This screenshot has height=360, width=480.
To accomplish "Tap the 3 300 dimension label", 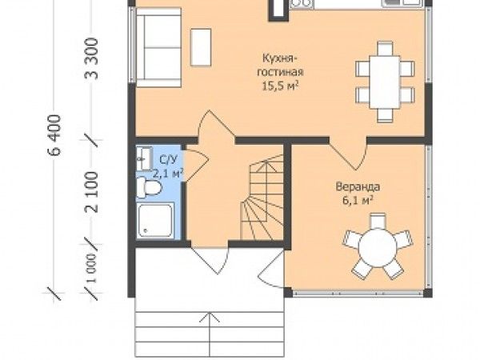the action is tap(91, 58).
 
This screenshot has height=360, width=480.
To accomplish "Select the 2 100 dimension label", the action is tap(91, 192).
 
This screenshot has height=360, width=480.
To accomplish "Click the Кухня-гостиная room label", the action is tap(280, 65).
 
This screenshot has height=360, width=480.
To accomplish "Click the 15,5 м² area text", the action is tap(280, 86).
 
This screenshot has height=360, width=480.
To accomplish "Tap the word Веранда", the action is tap(358, 186).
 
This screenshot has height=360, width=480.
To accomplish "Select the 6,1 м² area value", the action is tap(358, 201).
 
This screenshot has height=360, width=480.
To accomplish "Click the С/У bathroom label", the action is tap(168, 159).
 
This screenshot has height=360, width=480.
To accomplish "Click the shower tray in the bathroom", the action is tap(155, 221).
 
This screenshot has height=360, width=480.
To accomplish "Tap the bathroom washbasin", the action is tap(144, 158).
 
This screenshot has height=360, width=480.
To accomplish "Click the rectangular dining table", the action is tap(385, 82).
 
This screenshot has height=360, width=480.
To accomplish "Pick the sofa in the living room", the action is tap(158, 47).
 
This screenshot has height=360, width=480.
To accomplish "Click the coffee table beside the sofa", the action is tap(201, 47).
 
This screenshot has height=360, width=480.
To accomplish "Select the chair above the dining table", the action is tap(385, 48).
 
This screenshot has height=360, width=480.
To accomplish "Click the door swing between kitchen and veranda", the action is tap(349, 154).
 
